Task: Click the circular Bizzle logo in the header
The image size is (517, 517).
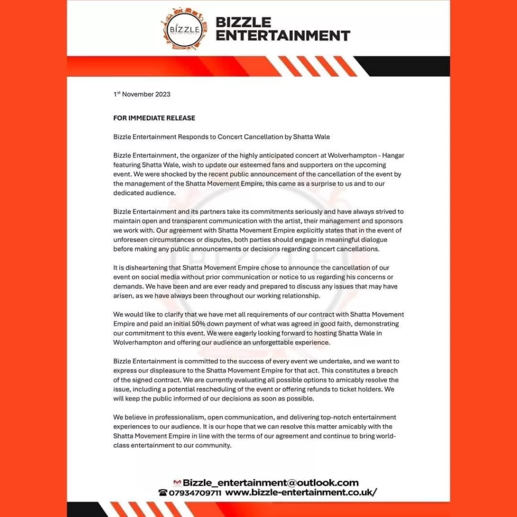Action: tap(184, 28)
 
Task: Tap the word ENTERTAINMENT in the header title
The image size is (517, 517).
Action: tap(283, 35)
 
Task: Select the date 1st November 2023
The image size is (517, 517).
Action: tap(142, 94)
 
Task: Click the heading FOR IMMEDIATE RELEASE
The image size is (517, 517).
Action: tap(154, 118)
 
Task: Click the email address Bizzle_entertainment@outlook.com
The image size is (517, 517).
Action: tap(271, 483)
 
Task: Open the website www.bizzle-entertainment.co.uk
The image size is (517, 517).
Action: tap(301, 493)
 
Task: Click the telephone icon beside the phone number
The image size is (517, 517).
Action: tap(163, 493)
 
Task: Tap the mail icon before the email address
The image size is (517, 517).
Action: tap(177, 483)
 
